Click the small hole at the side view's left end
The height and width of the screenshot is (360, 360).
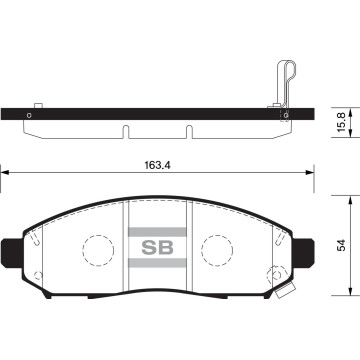point(29,114)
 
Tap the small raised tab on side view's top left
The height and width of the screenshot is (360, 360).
point(37,103)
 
